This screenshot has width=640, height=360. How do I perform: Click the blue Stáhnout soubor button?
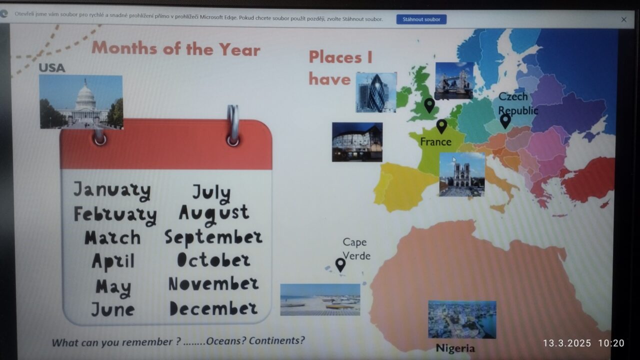(x=421, y=19)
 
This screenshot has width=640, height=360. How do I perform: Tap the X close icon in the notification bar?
(x=623, y=19)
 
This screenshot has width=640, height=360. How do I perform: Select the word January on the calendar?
(x=112, y=191)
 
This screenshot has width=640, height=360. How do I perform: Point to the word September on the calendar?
(x=213, y=237)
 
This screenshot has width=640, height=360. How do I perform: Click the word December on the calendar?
(x=213, y=308)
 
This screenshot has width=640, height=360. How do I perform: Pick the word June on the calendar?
(x=113, y=309)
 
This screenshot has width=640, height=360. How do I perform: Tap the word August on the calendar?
(x=214, y=214)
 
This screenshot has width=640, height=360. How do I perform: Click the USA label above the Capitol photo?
(x=52, y=68)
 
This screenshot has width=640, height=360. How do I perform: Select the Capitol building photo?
(x=81, y=102)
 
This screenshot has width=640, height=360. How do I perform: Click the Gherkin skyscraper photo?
(x=376, y=92)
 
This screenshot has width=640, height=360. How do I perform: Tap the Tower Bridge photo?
(x=454, y=81)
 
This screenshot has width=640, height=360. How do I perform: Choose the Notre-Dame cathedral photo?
(x=462, y=174)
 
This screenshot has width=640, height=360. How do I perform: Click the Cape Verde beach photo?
(x=320, y=299)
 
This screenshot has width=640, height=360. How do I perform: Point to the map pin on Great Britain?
(x=429, y=105)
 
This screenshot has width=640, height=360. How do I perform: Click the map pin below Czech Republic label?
(x=505, y=121)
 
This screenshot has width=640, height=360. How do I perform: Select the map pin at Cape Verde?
(x=340, y=265)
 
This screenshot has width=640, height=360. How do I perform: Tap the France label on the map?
(x=435, y=142)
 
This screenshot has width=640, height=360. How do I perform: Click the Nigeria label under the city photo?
(x=455, y=348)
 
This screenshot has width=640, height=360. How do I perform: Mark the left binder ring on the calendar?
(x=99, y=137)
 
